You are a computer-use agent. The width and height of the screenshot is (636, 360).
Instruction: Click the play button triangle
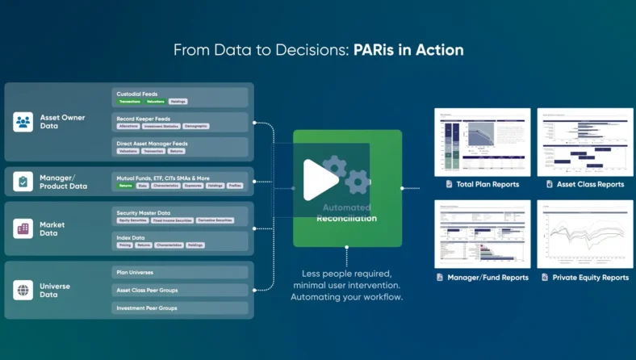(x=320, y=179)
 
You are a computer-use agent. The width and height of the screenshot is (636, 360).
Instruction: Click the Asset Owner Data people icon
(x=23, y=122)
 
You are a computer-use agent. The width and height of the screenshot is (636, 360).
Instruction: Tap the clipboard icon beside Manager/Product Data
(x=23, y=182)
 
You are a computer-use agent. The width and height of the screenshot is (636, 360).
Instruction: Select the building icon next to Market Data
(x=23, y=228)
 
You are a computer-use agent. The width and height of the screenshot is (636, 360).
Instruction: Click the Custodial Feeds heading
(x=136, y=93)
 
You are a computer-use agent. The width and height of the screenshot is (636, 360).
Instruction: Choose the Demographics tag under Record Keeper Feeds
(x=195, y=127)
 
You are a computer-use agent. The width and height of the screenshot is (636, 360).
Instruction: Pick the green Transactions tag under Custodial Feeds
(x=129, y=102)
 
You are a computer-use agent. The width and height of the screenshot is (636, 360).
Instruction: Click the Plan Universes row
(x=179, y=272)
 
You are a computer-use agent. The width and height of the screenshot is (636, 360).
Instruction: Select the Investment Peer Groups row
(x=179, y=308)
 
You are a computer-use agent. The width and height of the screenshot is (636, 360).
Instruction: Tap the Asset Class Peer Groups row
(x=179, y=290)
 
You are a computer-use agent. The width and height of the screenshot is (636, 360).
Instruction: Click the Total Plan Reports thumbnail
(x=482, y=142)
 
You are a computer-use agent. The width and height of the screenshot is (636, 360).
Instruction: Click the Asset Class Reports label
(x=590, y=185)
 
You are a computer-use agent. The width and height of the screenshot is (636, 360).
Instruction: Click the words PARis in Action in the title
(x=408, y=50)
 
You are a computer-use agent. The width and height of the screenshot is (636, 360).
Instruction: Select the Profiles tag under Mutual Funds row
(x=235, y=186)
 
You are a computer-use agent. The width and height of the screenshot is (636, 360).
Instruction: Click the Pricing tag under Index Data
(x=125, y=245)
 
